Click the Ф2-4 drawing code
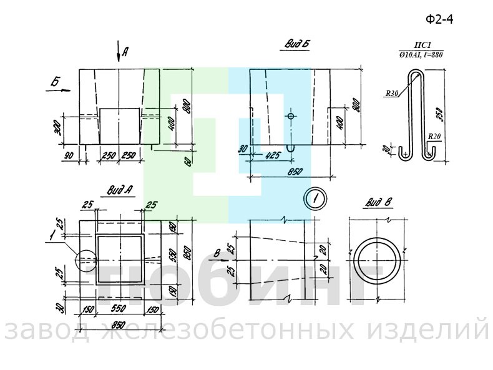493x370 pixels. [x=439, y=19]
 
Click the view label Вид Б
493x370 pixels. [x=298, y=44]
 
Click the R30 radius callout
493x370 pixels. [x=392, y=94]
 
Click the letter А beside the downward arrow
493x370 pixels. [x=125, y=52]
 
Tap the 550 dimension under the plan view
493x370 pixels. [x=120, y=309]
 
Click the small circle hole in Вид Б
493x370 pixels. [x=291, y=117]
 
